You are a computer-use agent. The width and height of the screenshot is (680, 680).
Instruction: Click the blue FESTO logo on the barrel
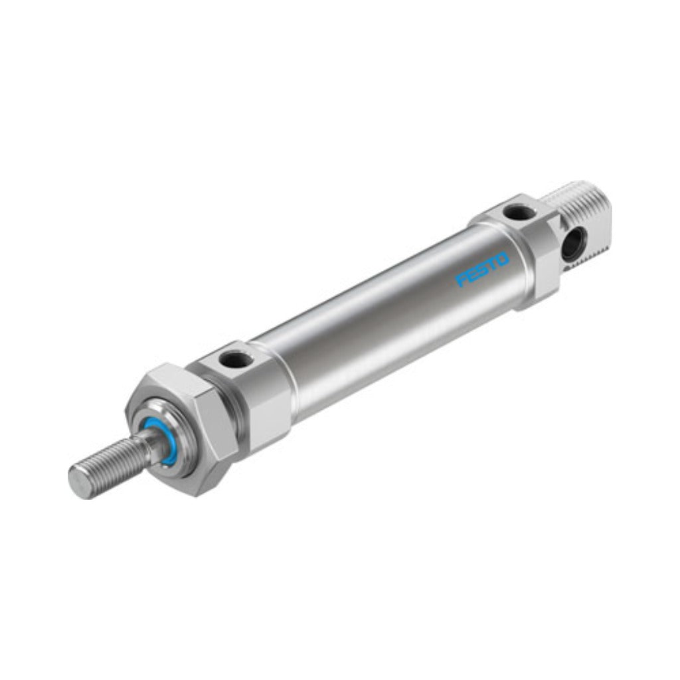[x=482, y=269]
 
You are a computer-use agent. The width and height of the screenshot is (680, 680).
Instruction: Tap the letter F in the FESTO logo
[x=461, y=280]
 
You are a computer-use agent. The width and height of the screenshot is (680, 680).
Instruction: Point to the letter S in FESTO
[x=483, y=269]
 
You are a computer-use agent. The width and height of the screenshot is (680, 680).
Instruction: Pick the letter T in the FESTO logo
[x=492, y=264]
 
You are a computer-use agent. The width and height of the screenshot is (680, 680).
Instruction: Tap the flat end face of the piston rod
[x=80, y=482]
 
